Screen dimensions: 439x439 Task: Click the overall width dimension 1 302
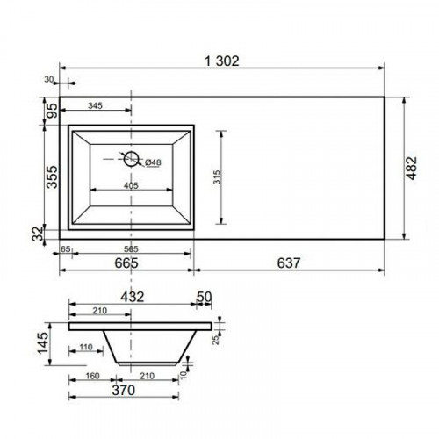click(221, 61)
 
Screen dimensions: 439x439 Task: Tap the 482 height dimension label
click(412, 168)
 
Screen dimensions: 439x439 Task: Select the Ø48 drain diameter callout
click(153, 162)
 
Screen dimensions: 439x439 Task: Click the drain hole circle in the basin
click(131, 159)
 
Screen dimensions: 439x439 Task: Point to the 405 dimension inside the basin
click(131, 185)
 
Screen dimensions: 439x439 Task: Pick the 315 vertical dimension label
click(217, 177)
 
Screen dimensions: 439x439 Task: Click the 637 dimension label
click(289, 263)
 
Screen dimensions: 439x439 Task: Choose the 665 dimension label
click(126, 263)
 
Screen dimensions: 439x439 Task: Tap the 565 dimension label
click(131, 249)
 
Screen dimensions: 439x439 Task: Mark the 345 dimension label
click(95, 105)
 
